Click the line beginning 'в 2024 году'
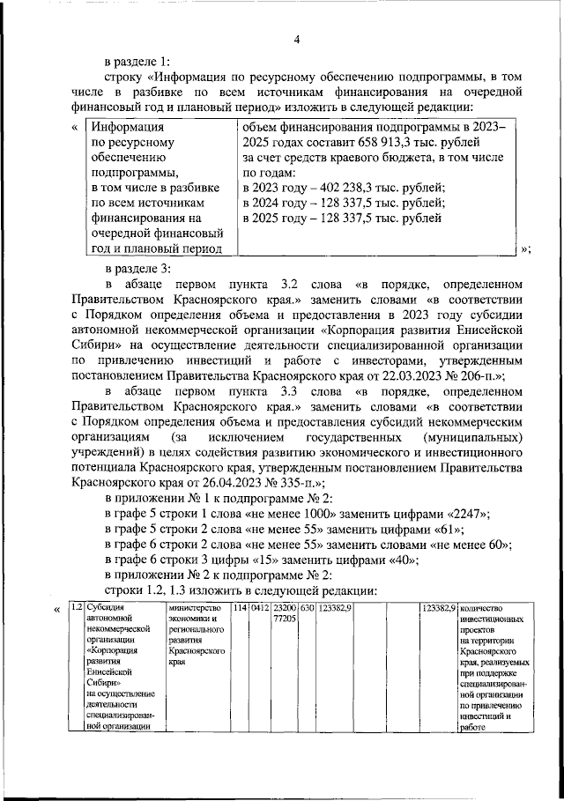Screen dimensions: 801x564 click(x=342, y=203)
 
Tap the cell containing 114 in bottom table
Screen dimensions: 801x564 click(x=240, y=608)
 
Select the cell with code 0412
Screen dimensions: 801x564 click(x=258, y=608)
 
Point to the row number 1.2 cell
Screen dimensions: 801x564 click(x=78, y=608)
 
